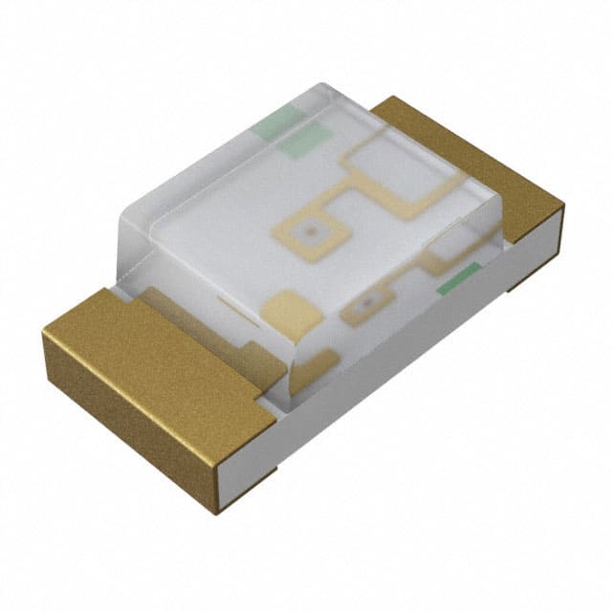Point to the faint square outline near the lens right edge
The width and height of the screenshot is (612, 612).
click(x=450, y=246)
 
